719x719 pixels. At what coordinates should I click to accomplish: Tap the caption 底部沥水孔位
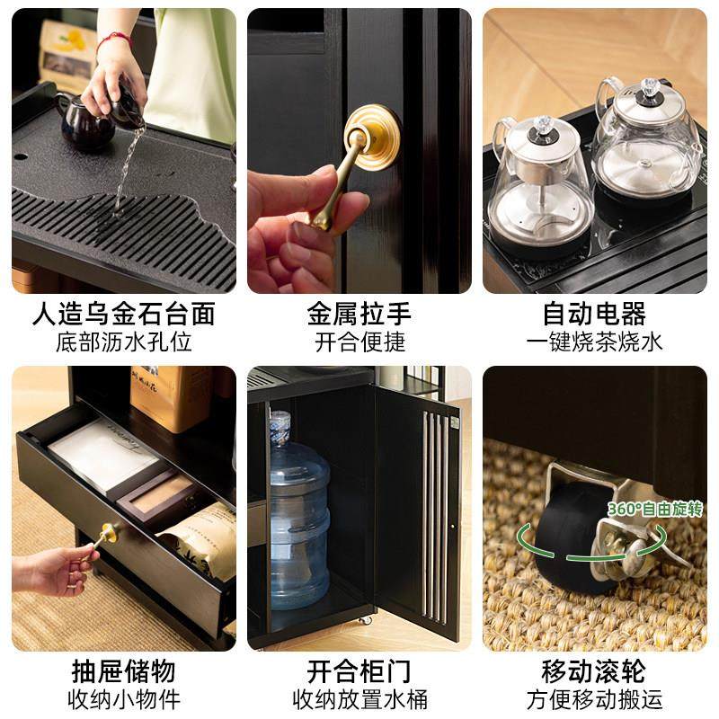[x=124, y=342]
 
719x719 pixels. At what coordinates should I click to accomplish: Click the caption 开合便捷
[x=359, y=342]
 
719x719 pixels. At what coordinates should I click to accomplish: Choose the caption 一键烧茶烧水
[x=594, y=342]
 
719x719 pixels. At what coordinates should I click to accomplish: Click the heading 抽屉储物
[x=124, y=670]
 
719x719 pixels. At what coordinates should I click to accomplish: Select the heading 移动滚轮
[x=594, y=670]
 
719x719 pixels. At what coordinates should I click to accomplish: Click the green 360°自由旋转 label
[x=654, y=510]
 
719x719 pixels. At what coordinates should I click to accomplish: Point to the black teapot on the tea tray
[x=86, y=126]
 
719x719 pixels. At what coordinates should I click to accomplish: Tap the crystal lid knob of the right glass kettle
[x=649, y=88]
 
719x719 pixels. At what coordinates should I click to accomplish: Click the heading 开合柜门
[x=359, y=670]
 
